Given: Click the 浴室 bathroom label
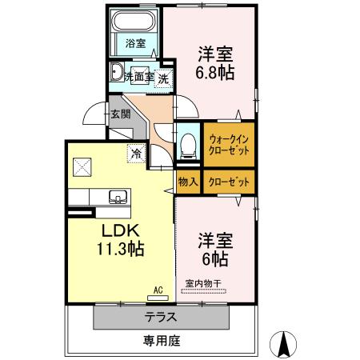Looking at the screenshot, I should [136, 44].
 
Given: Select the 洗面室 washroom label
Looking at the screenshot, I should [138, 78].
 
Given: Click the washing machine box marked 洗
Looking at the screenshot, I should [163, 78].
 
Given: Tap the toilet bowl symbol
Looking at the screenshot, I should [189, 145].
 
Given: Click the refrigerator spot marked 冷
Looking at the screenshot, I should [136, 150].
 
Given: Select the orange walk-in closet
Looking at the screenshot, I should [229, 144].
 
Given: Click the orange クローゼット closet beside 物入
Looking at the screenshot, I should [229, 182].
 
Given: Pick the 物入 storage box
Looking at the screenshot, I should [188, 182].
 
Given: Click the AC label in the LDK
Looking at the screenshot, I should [158, 290].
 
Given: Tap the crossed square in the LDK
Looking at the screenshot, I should [82, 166].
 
